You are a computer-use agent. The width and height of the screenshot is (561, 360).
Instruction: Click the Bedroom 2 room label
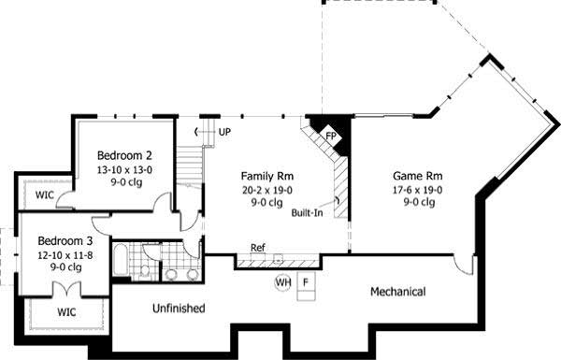(x=123, y=154)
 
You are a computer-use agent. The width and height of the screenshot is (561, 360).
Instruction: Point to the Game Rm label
(x=416, y=176)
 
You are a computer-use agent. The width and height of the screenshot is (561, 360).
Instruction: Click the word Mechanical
(x=397, y=292)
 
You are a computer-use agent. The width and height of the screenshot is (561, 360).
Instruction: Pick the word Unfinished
(x=179, y=308)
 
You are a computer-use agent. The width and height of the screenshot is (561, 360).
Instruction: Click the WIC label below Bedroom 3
(x=66, y=310)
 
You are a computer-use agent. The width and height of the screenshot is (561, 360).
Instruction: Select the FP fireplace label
(x=330, y=136)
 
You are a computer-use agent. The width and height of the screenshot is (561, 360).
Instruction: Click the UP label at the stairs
(x=224, y=132)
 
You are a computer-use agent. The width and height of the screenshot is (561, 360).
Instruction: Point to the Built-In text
(x=308, y=212)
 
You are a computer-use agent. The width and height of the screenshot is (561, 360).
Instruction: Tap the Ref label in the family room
(x=257, y=248)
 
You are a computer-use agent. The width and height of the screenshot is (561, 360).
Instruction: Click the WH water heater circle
(x=283, y=281)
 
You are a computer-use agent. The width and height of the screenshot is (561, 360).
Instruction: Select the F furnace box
(x=306, y=281)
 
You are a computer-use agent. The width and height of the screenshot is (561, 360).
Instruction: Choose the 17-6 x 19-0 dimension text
(x=416, y=190)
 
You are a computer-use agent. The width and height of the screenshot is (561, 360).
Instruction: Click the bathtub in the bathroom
(x=122, y=259)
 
